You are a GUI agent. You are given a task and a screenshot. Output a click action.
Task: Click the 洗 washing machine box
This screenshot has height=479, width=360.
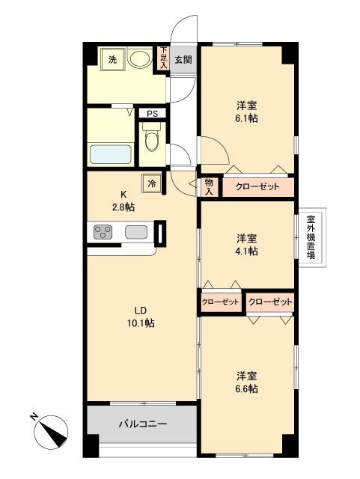[112, 59]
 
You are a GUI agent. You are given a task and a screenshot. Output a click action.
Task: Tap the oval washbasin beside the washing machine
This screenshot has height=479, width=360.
[139, 58]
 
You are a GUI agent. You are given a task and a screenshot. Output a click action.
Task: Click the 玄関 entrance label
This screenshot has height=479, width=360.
[183, 59]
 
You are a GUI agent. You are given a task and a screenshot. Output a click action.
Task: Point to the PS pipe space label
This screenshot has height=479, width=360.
[152, 114]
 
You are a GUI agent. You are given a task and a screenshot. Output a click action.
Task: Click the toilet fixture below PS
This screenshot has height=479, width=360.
[152, 140]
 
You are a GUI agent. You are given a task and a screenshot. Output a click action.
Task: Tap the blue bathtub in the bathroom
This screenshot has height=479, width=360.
[111, 154]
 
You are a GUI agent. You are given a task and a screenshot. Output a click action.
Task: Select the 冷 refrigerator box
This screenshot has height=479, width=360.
[153, 182]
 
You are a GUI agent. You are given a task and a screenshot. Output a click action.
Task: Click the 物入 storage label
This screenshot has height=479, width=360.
[209, 187]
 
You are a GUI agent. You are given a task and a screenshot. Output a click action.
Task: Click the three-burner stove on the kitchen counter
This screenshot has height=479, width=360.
[103, 233]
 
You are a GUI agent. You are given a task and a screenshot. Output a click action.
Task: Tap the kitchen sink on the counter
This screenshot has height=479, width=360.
[136, 232]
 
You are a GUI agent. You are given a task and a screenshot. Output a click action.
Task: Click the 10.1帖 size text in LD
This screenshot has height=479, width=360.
[141, 323]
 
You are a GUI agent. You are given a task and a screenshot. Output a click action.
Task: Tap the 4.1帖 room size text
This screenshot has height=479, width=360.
[247, 251]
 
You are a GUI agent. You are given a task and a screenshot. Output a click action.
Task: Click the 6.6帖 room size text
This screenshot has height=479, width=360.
[247, 389]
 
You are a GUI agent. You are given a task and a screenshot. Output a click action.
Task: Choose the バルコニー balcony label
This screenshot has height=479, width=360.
[142, 424]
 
